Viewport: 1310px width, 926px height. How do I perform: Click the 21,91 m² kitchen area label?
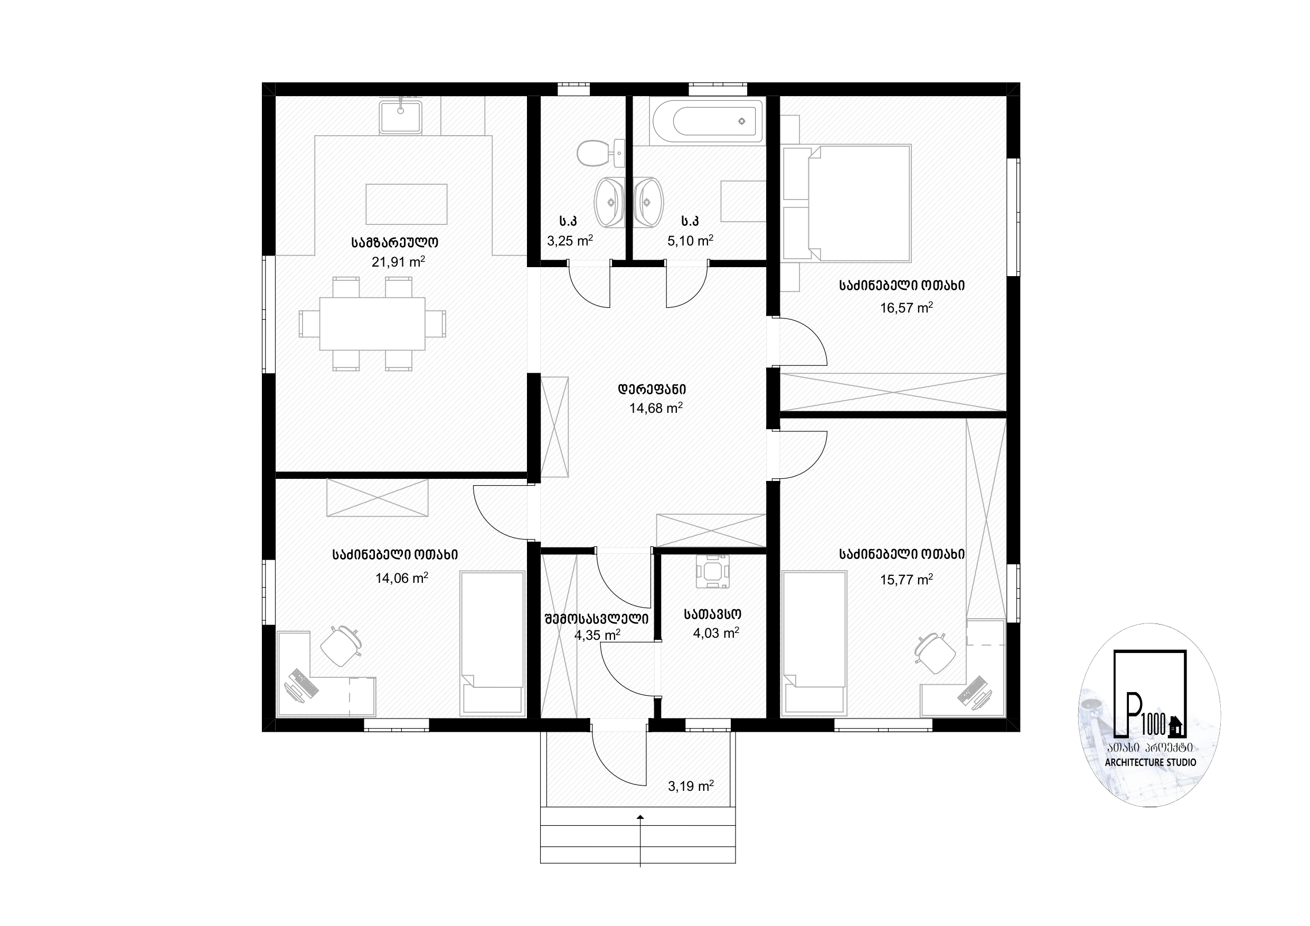tap(398, 262)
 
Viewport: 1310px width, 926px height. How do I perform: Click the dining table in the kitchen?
tap(372, 324)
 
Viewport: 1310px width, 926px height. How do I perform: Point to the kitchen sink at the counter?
tap(401, 117)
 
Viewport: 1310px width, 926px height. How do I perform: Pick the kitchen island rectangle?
tap(406, 204)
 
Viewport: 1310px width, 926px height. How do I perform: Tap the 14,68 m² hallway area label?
tap(656, 408)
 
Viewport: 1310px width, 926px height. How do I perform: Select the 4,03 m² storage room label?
tap(716, 633)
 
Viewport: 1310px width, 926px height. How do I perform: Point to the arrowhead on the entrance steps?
tap(640, 818)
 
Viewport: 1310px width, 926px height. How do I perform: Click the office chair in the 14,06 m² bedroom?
tap(341, 645)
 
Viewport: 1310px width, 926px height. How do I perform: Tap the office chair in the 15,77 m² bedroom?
tap(935, 653)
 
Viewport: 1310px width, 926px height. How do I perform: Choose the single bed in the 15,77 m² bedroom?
tap(814, 644)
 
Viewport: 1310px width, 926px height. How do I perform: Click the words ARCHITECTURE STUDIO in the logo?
tap(1150, 762)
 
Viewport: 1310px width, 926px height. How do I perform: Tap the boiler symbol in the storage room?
tap(713, 571)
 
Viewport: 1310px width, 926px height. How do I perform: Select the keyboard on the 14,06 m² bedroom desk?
tap(304, 683)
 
